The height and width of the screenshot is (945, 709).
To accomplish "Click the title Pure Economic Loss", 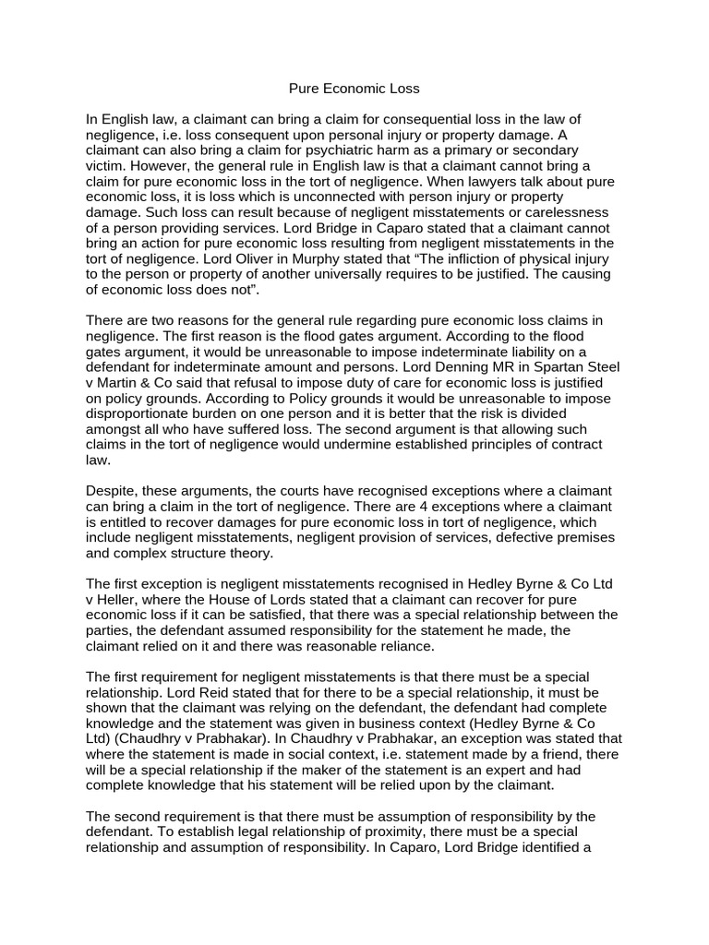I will tap(354, 89).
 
